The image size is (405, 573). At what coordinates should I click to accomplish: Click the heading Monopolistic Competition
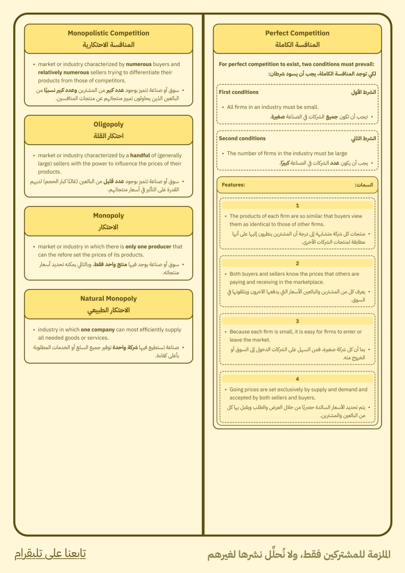coord(108,33)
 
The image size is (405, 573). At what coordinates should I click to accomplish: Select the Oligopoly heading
coord(108,124)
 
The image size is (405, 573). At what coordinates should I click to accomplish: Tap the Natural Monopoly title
coord(108,299)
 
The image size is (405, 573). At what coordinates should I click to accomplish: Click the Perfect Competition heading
coord(297,33)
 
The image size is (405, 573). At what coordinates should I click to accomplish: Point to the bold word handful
coord(140,155)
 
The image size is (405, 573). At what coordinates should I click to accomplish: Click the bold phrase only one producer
coord(149,247)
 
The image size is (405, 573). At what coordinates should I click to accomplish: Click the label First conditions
coord(239,92)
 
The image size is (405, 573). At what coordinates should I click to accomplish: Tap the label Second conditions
coord(242,138)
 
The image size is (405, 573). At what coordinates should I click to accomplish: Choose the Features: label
coord(233,185)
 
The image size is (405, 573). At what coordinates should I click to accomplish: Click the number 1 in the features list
coord(297,205)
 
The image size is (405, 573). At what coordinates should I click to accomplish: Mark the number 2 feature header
coord(297,263)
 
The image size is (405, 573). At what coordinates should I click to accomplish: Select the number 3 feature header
coord(297,321)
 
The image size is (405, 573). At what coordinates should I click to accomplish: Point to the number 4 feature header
coord(297,379)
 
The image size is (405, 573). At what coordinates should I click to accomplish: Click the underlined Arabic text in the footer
coord(50,554)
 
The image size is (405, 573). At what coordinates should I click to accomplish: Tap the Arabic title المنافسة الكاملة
coord(297,45)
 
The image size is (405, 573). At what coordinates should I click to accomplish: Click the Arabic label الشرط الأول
coord(364,92)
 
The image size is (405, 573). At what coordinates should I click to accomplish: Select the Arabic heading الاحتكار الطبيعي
coord(108,310)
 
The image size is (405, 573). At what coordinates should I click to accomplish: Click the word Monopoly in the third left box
coord(108,215)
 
